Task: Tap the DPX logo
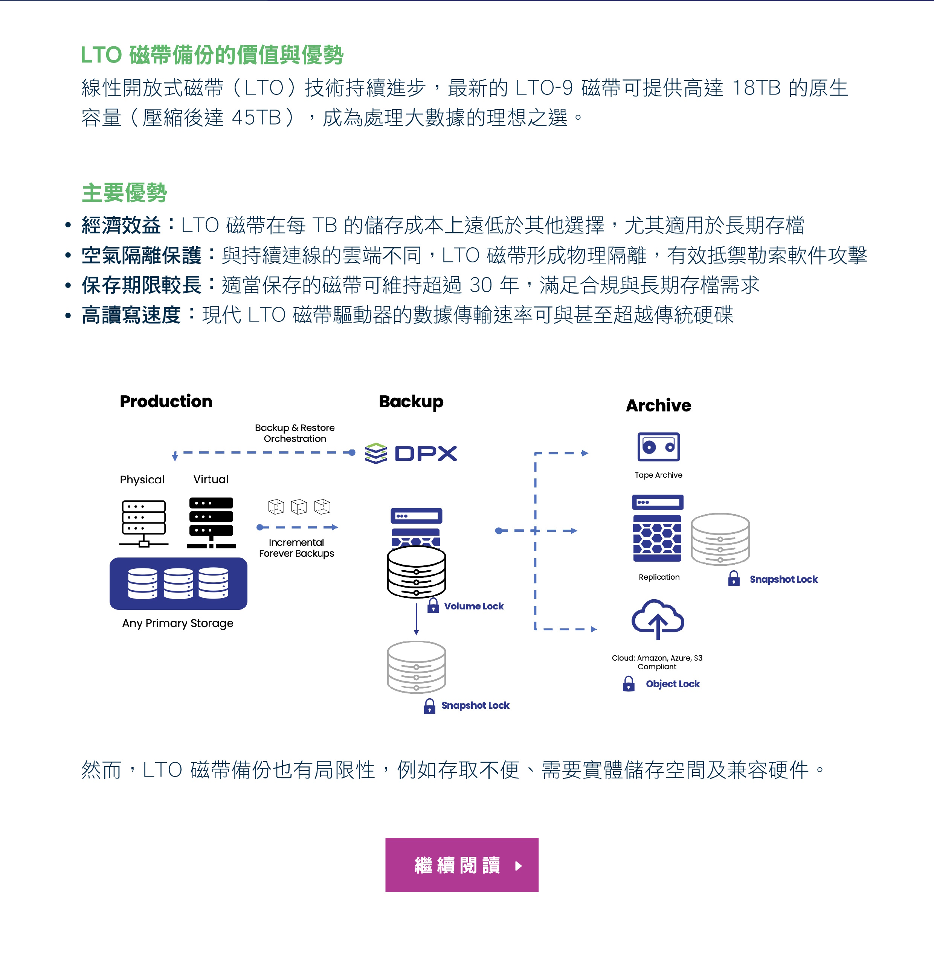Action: coord(411,453)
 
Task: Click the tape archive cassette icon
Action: coord(658,446)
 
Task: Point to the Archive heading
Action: coord(658,405)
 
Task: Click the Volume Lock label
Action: coord(473,606)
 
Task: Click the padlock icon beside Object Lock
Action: coord(629,683)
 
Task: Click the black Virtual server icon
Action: coord(211,522)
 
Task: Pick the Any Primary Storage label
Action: coord(178,623)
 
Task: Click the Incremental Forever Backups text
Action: coord(296,548)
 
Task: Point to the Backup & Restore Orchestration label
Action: coord(295,433)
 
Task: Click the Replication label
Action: coord(659,577)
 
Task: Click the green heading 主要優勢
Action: coord(124,193)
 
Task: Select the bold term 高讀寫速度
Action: coord(131,315)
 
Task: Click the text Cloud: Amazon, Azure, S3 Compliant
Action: coord(657,662)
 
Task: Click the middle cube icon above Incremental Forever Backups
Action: coord(299,506)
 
